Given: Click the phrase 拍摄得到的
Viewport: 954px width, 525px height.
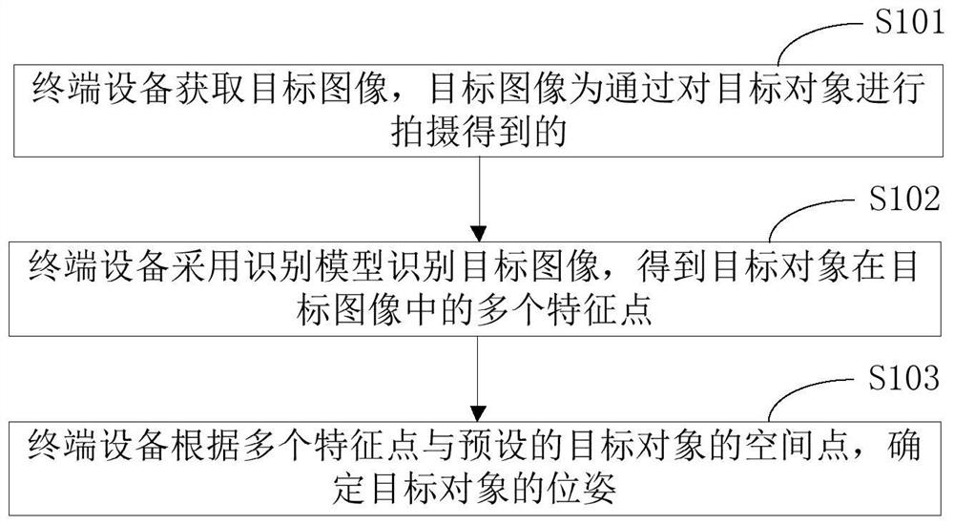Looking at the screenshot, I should click(x=479, y=134).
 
